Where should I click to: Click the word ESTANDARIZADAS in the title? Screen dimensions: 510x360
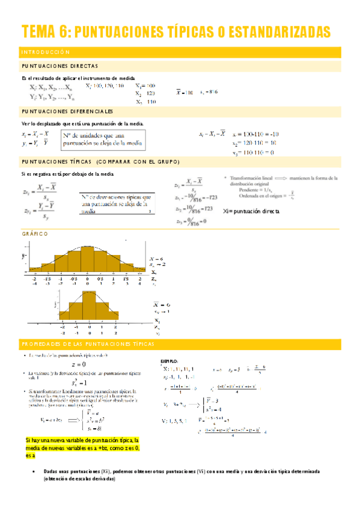coord(279,31)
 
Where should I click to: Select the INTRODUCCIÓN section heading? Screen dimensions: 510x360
coord(46,52)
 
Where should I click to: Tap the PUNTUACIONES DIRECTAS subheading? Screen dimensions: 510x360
coord(59,66)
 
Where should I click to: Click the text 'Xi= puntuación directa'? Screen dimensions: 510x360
coord(251,211)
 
